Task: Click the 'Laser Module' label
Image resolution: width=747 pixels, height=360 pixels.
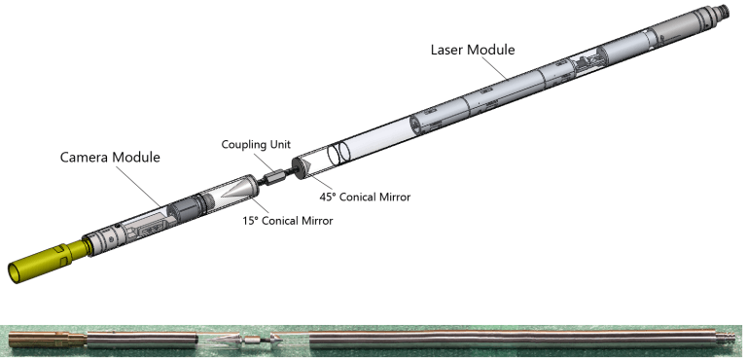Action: tap(473, 50)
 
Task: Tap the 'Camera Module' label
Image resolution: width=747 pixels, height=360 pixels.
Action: tap(110, 158)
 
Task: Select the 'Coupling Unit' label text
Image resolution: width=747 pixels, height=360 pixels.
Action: tap(256, 144)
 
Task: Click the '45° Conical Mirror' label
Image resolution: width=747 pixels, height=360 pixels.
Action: tap(365, 197)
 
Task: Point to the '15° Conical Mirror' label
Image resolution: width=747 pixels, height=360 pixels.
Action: tap(287, 220)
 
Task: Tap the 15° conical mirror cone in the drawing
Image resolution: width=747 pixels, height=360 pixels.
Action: tap(241, 190)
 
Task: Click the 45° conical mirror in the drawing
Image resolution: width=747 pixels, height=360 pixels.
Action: tap(303, 168)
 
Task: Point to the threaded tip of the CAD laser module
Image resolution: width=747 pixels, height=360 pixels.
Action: tap(721, 11)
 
